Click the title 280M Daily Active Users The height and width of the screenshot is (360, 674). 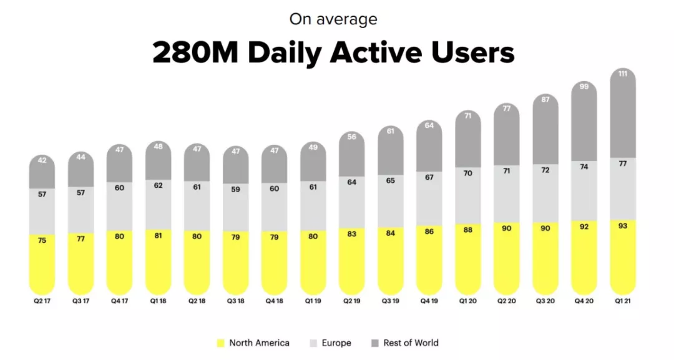coord(333,53)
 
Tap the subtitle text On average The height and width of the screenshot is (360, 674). coord(333,19)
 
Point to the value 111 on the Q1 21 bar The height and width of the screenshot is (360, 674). coord(622,74)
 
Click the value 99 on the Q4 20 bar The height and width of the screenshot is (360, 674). coord(584,87)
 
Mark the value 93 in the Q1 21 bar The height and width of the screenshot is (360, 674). coord(622,226)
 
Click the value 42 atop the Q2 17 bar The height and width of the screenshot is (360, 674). coord(42,160)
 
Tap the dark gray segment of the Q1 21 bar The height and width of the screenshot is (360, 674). coord(622,119)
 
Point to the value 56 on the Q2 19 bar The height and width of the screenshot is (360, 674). coord(351,137)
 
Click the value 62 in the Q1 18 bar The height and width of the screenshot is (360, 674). coord(158,185)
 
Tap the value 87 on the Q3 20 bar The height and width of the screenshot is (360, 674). coord(545,99)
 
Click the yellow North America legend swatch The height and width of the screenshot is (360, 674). coord(220,343)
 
